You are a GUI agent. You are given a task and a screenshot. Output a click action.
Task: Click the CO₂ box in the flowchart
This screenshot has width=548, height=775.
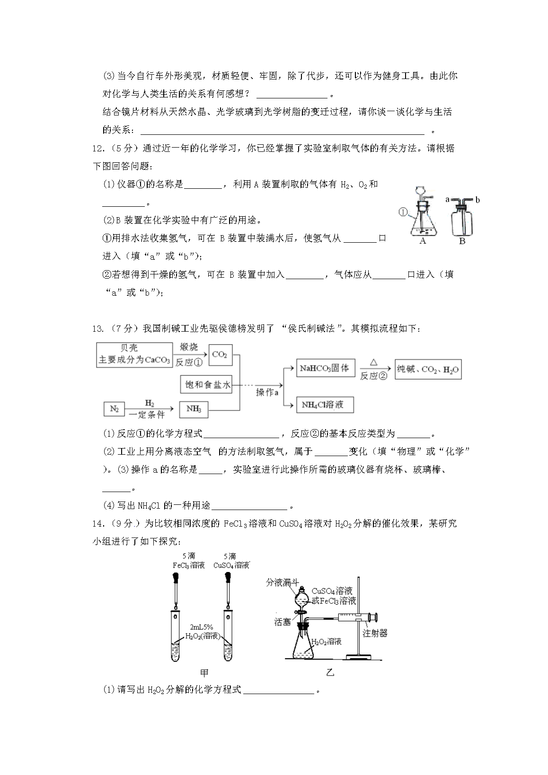pyautogui.click(x=220, y=355)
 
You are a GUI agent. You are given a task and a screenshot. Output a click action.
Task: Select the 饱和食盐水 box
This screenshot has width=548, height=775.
pyautogui.click(x=207, y=385)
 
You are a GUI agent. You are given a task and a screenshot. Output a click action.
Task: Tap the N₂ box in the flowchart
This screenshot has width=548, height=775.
pyautogui.click(x=114, y=409)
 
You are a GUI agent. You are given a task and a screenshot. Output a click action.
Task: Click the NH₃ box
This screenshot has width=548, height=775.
pyautogui.click(x=194, y=409)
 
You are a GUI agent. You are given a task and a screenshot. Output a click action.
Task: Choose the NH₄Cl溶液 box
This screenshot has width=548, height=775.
pyautogui.click(x=325, y=405)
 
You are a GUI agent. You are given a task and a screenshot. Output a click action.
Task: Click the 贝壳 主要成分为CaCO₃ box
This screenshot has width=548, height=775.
pyautogui.click(x=134, y=354)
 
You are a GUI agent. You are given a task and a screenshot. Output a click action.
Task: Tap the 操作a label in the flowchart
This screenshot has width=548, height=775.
pyautogui.click(x=267, y=392)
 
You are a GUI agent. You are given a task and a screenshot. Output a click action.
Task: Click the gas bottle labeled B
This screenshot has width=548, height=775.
pyautogui.click(x=462, y=220)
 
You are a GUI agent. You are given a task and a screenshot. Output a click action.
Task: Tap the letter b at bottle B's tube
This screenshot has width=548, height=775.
pyautogui.click(x=477, y=200)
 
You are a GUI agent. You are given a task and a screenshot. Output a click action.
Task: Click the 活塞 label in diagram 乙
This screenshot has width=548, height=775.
pyautogui.click(x=283, y=622)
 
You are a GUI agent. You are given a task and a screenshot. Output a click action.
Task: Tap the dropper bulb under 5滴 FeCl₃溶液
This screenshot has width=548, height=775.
pyautogui.click(x=176, y=578)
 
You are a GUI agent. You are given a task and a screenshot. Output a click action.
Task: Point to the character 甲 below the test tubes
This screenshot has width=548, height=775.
pyautogui.click(x=204, y=672)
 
